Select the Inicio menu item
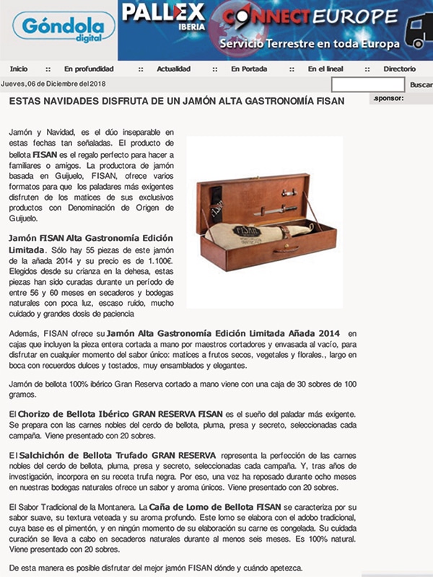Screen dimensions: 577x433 point(19,69)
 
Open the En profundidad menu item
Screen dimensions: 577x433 point(89,69)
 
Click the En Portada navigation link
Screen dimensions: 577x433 point(250,69)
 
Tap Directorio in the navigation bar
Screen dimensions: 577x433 point(400,69)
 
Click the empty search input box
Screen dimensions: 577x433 point(367,84)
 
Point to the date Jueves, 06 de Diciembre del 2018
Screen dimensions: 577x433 point(54,84)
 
